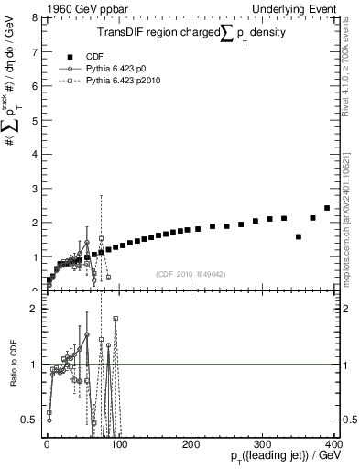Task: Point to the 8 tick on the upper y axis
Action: point(35,17)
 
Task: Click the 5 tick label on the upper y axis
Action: point(35,120)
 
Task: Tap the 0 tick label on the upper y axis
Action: point(35,290)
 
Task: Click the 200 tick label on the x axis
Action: point(191,442)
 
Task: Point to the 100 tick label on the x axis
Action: point(118,442)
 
